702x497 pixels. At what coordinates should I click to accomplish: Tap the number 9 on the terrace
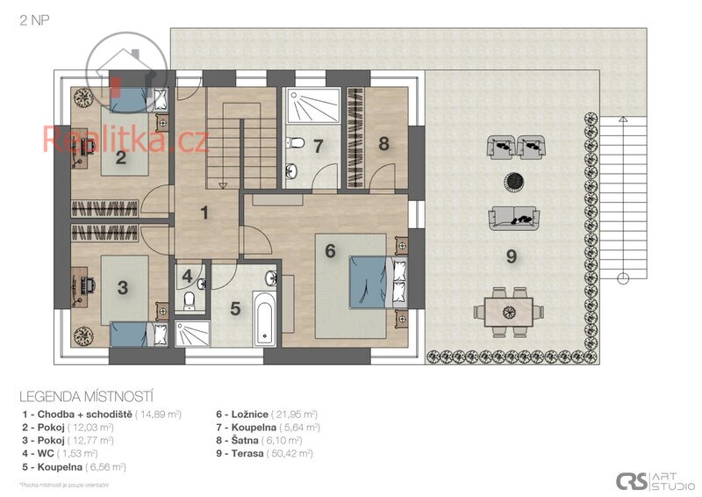[512, 256]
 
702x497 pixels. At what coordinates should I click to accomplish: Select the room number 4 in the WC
[187, 276]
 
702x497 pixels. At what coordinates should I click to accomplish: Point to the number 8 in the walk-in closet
[383, 143]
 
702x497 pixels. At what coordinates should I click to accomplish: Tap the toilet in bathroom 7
[297, 143]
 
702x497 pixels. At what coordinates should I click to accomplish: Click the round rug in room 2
[87, 97]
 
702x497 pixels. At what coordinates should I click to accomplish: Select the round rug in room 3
[86, 335]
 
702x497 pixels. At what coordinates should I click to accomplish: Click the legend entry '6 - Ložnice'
[267, 414]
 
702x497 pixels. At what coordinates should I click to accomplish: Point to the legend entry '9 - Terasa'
[264, 454]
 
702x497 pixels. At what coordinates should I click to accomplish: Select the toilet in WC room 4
[190, 301]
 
